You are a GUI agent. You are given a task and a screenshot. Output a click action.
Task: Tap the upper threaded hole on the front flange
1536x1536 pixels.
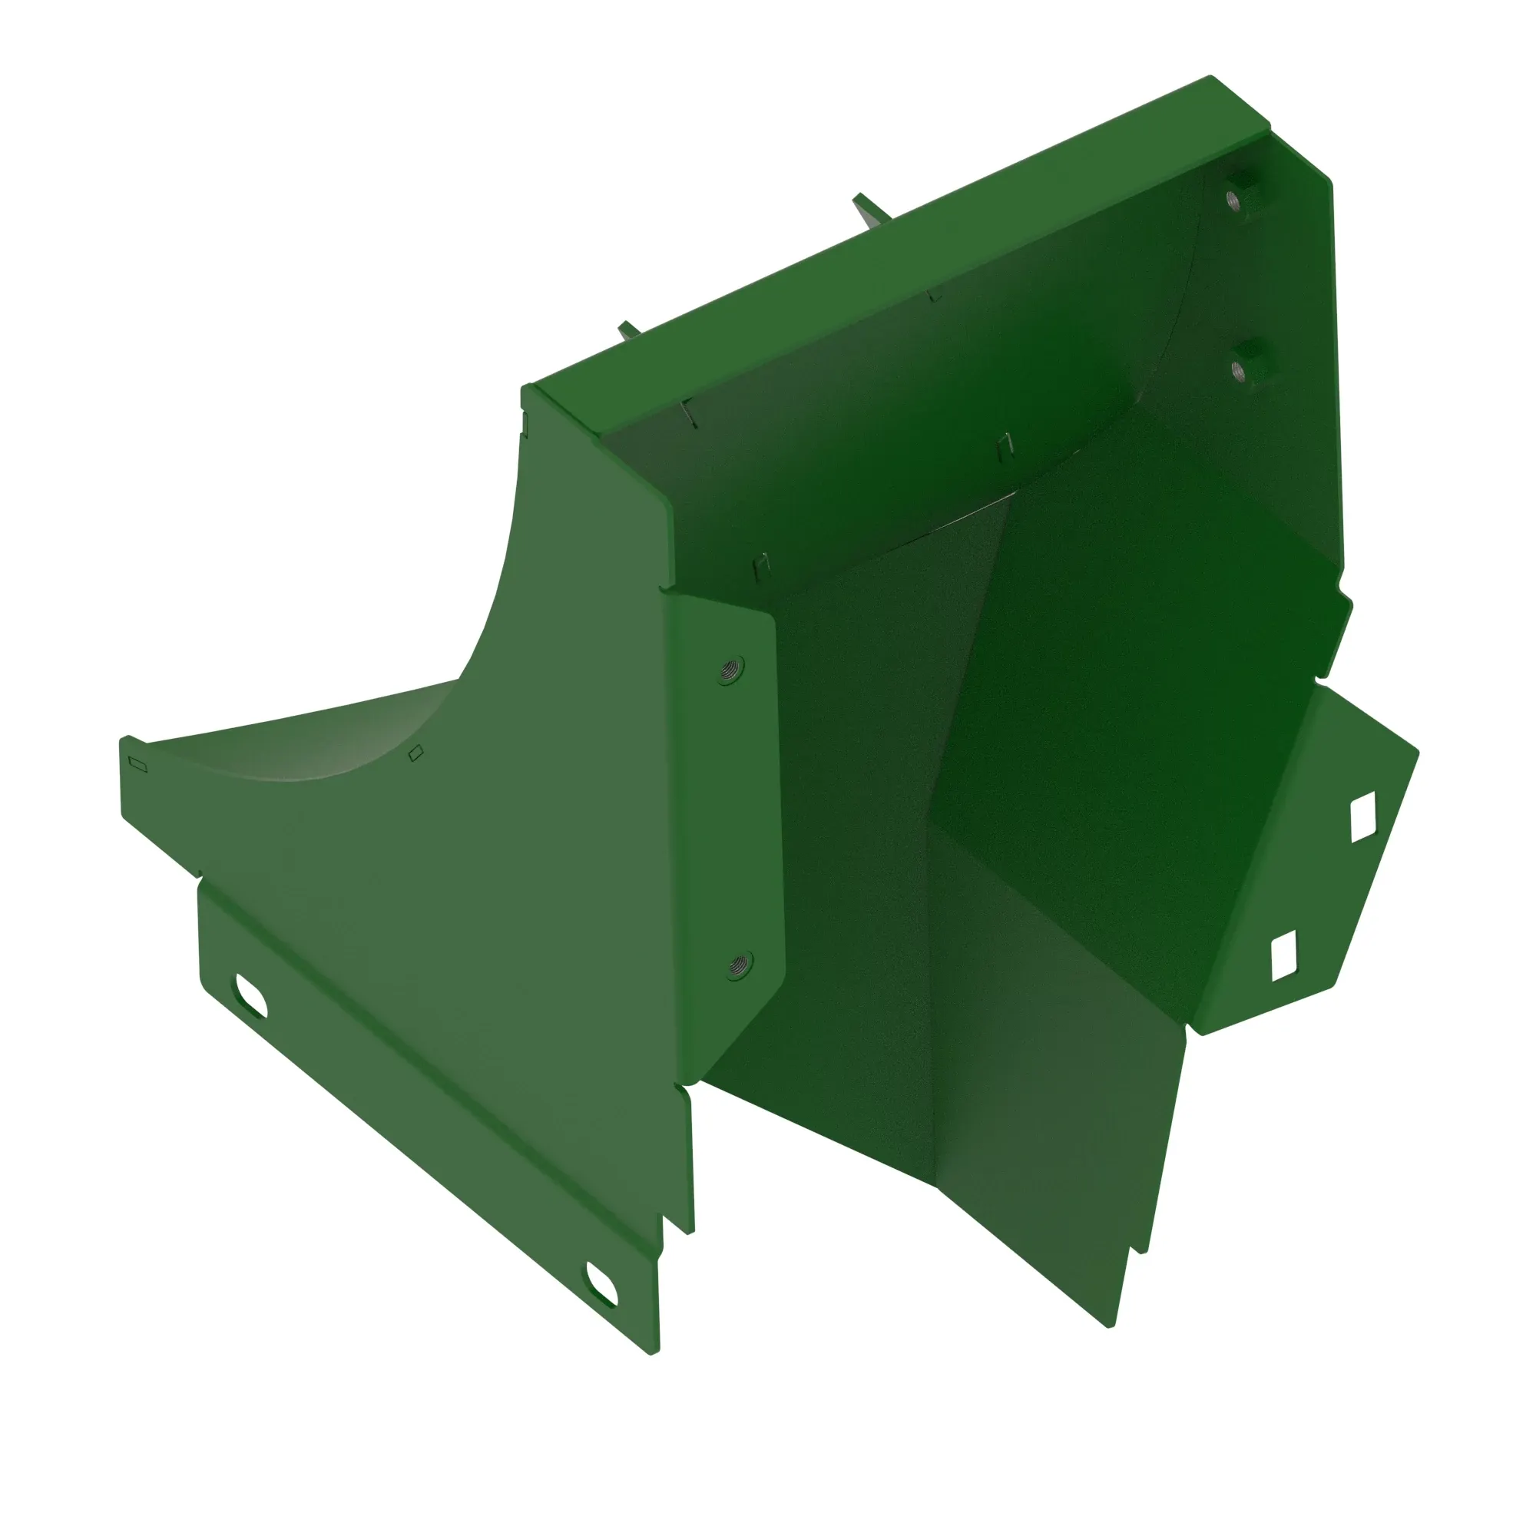point(728,670)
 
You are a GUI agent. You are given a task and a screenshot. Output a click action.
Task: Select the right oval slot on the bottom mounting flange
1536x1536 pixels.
point(602,1283)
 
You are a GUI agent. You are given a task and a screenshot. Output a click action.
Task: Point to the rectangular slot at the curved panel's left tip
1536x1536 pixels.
point(137,763)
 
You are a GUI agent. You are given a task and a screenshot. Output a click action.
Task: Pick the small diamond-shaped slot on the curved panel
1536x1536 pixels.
point(415,752)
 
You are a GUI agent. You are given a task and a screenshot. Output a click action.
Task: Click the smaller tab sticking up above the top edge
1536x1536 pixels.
point(630,330)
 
